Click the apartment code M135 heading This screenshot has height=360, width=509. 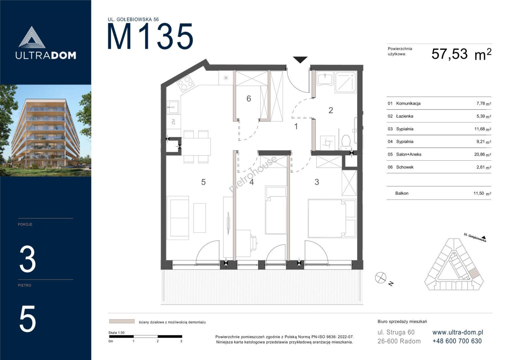coord(150,36)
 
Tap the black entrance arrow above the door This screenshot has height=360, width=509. coord(300,60)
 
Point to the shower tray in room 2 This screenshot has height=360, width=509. coord(345,82)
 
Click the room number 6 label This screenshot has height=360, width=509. coord(249,99)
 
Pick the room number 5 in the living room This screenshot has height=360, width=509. coord(203,182)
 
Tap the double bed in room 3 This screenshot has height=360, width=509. coord(332,218)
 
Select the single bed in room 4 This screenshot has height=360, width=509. coord(276,210)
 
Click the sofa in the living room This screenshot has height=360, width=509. coord(178,218)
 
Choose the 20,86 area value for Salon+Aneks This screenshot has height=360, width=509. coord(479,154)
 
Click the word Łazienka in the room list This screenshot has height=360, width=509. coord(404,116)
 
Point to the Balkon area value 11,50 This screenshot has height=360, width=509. coord(479,193)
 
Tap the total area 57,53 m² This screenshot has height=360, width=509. coord(461,54)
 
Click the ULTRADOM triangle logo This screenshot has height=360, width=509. coord(32,37)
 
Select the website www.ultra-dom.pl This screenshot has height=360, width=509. coord(458,332)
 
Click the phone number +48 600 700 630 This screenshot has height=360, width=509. coord(457,341)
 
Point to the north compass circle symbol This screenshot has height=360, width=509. coord(380,278)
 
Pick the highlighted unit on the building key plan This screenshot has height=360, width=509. coord(474,275)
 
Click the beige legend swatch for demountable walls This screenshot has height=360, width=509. coord(122,321)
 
